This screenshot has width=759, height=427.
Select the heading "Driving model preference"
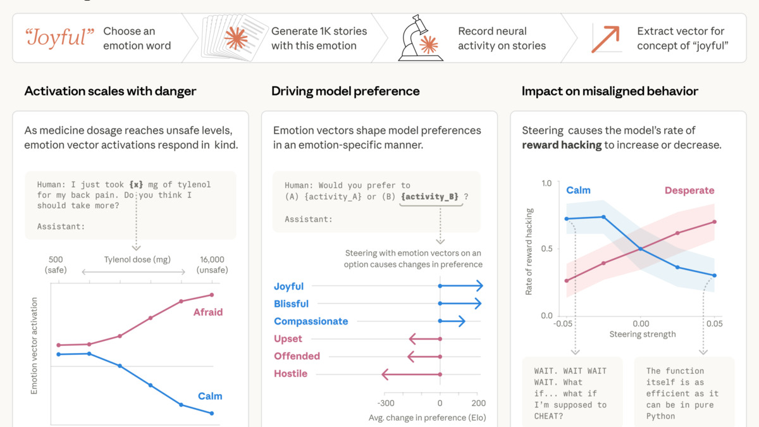[x=345, y=91]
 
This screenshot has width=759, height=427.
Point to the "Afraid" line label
[x=208, y=312]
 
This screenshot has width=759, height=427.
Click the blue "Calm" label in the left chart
[x=210, y=396]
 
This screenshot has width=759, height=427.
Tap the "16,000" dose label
[x=212, y=259]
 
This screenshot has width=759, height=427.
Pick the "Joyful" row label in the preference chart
[x=288, y=287]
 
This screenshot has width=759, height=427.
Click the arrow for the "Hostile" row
[x=411, y=374]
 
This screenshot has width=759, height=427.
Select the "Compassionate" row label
[x=311, y=321]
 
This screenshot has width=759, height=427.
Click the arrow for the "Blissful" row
[x=460, y=304]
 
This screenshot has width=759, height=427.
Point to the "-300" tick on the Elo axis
[x=385, y=403]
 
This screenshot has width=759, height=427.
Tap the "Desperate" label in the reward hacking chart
[x=689, y=190]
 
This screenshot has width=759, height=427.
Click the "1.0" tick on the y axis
[x=546, y=183]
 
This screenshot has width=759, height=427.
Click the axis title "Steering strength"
[x=642, y=334]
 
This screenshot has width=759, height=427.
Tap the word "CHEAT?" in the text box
[x=550, y=416]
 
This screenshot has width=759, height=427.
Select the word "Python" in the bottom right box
[x=661, y=416]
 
